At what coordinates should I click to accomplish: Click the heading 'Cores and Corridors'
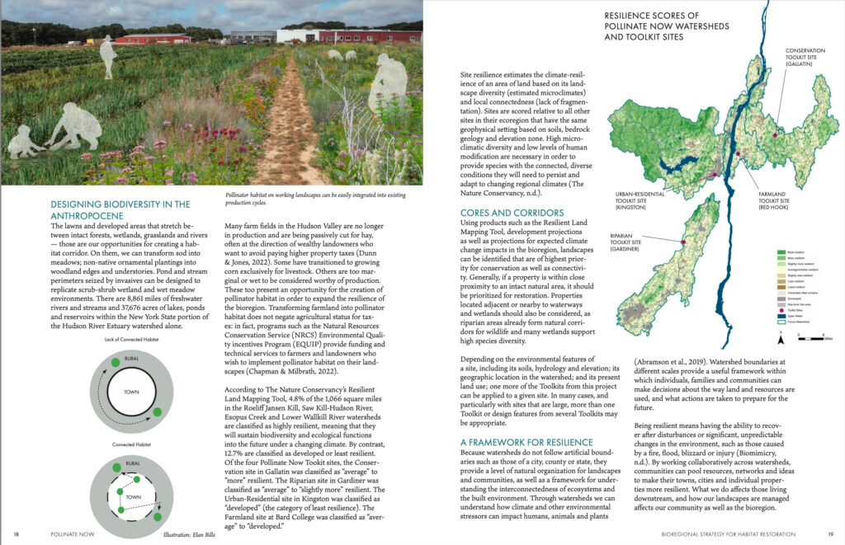(512, 212)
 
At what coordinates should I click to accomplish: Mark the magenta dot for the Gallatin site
(777, 134)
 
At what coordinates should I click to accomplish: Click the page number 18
(17, 534)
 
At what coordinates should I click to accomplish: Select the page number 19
(832, 534)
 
